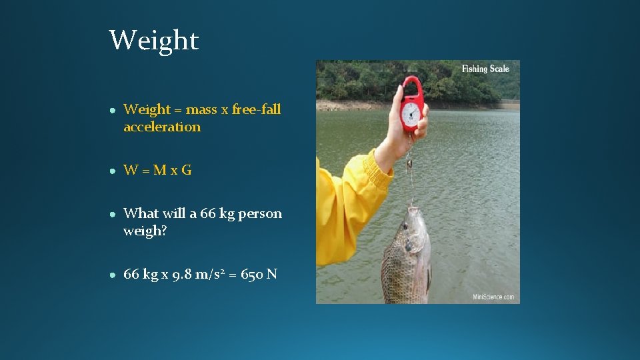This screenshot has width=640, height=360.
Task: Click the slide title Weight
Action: [154, 41]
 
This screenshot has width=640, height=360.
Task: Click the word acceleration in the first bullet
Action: [162, 127]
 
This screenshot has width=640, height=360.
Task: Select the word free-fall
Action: [257, 109]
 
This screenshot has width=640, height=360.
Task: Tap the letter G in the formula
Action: [186, 170]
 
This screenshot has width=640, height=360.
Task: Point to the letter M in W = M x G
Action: [160, 170]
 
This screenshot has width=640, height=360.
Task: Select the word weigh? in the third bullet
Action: [144, 231]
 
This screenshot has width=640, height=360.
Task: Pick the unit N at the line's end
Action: [272, 274]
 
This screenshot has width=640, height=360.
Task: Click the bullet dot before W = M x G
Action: [115, 171]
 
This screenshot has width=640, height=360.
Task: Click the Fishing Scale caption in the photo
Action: [485, 69]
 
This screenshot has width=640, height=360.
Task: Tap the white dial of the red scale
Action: [411, 111]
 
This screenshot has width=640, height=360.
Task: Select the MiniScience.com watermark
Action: [493, 297]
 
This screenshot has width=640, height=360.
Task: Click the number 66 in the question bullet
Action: [208, 214]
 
